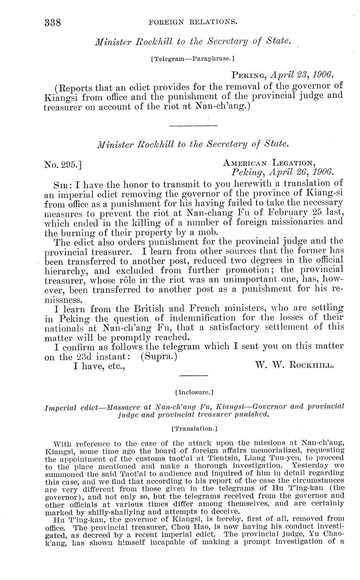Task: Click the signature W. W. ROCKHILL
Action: pyautogui.click(x=295, y=365)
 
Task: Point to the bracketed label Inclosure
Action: pyautogui.click(x=194, y=393)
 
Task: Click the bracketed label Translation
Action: pyautogui.click(x=194, y=429)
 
